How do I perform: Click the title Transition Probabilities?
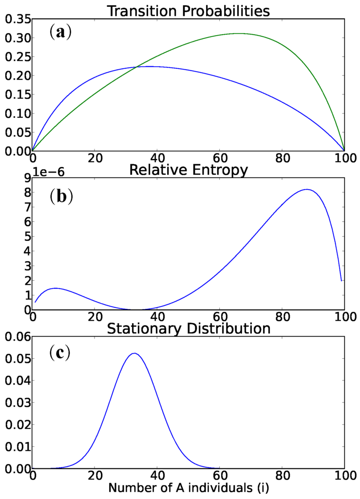[188, 11]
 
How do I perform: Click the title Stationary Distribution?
[188, 328]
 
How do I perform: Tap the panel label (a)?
[60, 32]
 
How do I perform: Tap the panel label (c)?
[60, 352]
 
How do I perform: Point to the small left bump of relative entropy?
[55, 288]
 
